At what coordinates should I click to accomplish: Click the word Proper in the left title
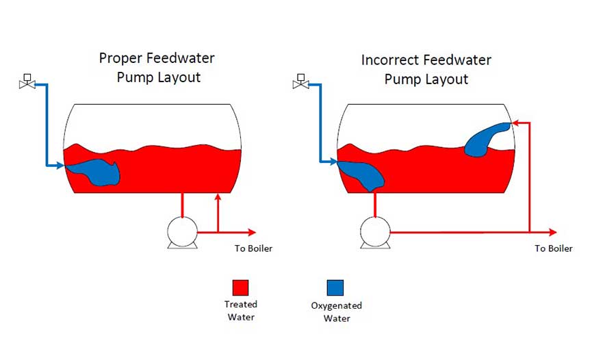(120, 59)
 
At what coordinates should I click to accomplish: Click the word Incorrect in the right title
(391, 60)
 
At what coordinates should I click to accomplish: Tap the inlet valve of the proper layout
(27, 81)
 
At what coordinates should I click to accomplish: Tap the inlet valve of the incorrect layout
(301, 81)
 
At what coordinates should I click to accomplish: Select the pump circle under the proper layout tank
(182, 232)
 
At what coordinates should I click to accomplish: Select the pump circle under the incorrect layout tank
(375, 232)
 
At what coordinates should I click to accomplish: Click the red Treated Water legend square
(240, 287)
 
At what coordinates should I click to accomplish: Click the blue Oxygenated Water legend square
(335, 287)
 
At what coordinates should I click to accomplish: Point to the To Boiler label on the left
(253, 248)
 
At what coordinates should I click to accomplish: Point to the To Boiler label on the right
(554, 248)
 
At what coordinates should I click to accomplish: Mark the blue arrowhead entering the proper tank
(60, 166)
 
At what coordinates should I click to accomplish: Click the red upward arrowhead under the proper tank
(218, 196)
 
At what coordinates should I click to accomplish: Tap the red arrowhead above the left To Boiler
(252, 232)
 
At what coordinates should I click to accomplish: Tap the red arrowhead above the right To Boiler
(552, 232)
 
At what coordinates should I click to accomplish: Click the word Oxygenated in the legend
(336, 306)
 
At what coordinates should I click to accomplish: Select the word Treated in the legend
(240, 304)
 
